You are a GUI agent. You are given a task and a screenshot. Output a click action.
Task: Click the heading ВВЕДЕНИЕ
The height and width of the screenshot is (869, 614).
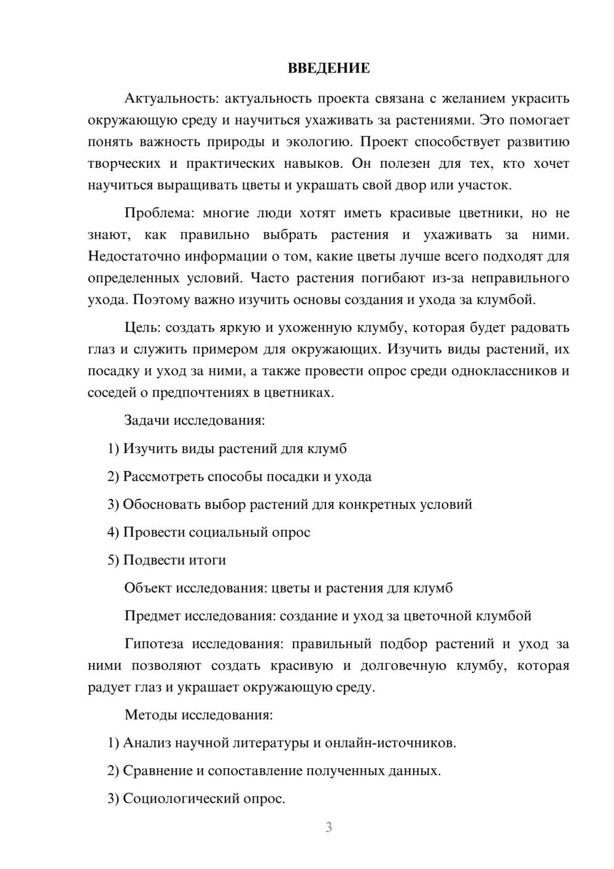pos(328,68)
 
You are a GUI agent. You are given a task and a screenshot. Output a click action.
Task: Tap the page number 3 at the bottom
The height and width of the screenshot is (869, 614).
pos(329,827)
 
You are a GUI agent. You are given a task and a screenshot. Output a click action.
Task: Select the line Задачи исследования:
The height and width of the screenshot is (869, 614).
pos(195,421)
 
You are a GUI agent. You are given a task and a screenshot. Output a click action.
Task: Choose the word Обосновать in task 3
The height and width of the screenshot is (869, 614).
pos(161,505)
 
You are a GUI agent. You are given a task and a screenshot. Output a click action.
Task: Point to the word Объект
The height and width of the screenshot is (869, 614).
pos(148,588)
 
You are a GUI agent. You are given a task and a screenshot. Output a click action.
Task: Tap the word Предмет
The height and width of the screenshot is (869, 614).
pos(152,616)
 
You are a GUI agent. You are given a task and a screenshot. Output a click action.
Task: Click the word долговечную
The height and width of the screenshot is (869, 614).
pos(403,666)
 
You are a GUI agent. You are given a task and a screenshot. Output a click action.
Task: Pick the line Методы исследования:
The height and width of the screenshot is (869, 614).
pos(198,715)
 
